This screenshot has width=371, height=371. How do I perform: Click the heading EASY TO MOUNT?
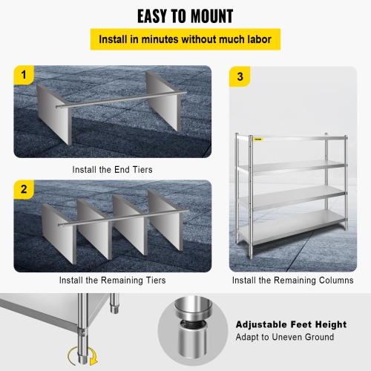(185, 16)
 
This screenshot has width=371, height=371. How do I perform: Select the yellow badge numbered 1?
(24, 76)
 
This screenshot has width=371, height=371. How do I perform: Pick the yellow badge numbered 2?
(24, 190)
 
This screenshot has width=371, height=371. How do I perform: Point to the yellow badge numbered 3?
(240, 76)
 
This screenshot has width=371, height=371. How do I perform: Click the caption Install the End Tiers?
(113, 169)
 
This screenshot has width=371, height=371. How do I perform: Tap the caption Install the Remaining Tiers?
(113, 280)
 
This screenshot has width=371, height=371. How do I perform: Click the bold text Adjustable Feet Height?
(291, 324)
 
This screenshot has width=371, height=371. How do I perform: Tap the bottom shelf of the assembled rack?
(293, 223)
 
